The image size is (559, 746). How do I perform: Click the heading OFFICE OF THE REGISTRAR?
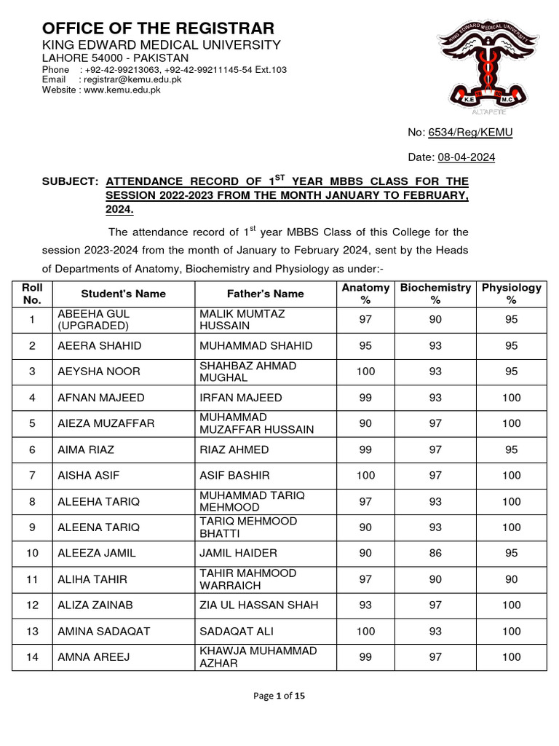(x=158, y=28)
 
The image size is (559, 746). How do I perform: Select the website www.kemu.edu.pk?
(x=122, y=90)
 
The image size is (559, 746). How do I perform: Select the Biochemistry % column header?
(x=435, y=294)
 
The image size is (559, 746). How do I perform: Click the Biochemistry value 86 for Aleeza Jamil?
(x=435, y=553)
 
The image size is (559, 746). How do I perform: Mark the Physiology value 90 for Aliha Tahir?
(x=511, y=579)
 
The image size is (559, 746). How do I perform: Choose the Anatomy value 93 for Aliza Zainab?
(x=365, y=605)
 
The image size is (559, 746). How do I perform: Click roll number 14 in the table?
(x=32, y=657)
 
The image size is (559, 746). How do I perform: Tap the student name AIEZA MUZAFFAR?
(x=106, y=423)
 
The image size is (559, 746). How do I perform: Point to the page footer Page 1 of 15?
(x=279, y=696)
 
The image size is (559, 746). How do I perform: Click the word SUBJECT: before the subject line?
(x=70, y=181)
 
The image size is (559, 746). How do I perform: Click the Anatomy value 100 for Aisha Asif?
(x=365, y=475)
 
